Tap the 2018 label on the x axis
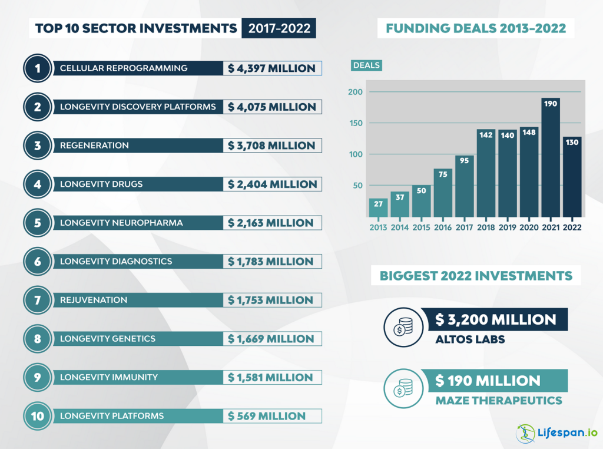tap(486, 227)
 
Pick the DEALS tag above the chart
tap(366, 65)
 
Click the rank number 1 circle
tap(38, 68)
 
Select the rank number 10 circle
tap(38, 416)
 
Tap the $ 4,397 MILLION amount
tap(272, 68)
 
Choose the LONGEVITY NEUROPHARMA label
tap(121, 223)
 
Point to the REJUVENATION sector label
tap(94, 300)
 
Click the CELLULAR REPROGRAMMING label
tap(124, 68)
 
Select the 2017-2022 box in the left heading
tap(279, 28)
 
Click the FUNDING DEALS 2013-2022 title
tap(476, 28)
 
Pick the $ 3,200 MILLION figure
tap(495, 320)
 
